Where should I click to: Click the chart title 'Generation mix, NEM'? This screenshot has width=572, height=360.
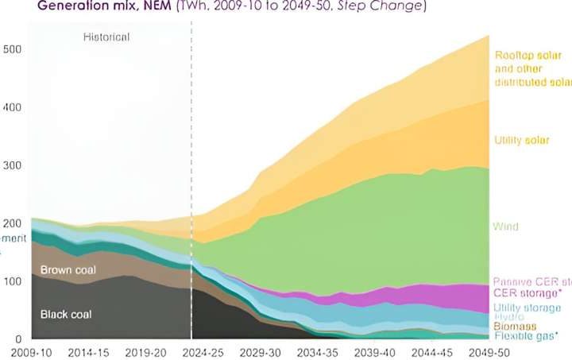tap(83, 6)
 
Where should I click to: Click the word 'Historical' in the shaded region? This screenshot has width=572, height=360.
tap(106, 37)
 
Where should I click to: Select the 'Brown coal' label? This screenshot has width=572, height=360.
tap(68, 270)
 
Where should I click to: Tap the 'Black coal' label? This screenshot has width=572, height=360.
tap(66, 315)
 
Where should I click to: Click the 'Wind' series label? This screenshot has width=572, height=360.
tap(506, 226)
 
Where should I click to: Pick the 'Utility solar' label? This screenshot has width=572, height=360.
tap(521, 141)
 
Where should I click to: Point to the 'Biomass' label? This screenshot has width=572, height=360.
tap(516, 327)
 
